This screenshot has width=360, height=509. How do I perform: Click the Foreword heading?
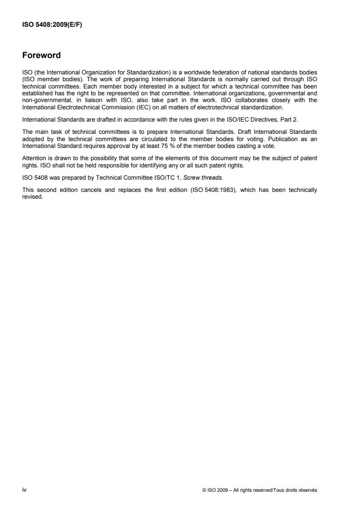coord(41,56)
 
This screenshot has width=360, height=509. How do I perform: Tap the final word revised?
coord(32,177)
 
